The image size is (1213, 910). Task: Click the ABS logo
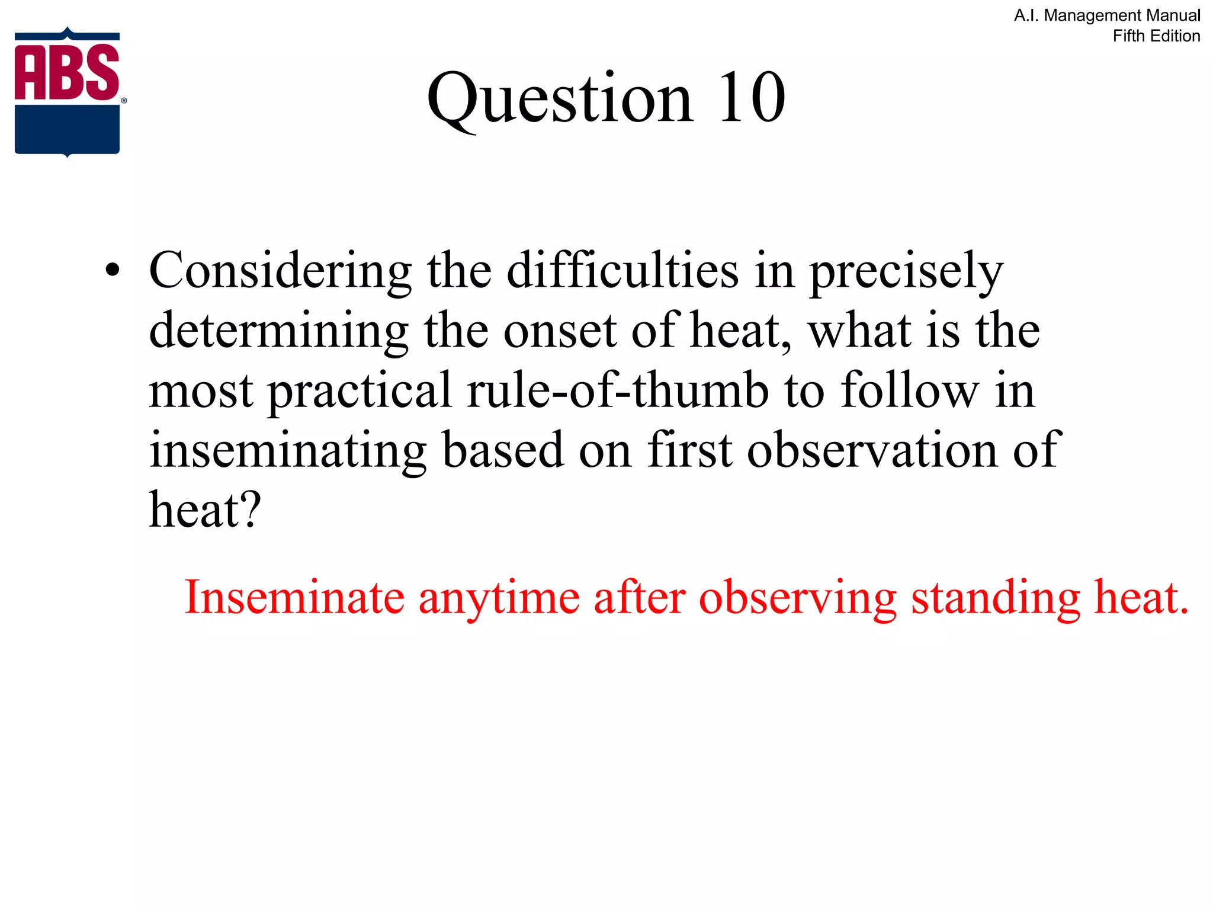68,92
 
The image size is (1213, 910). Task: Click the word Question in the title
559,98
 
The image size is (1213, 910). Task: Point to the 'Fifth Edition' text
1156,36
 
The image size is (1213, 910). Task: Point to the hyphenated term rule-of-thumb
617,391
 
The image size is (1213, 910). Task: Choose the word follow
910,391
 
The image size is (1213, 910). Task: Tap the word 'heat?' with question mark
205,510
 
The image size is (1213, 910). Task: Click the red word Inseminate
294,597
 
